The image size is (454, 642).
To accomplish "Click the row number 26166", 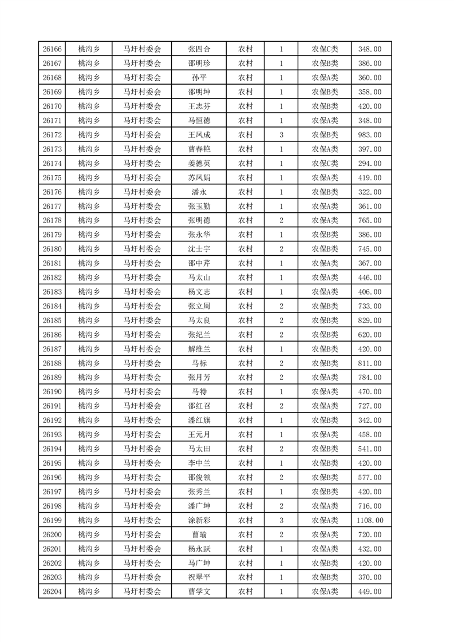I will pos(52,49).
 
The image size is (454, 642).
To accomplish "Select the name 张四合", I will pos(199,49).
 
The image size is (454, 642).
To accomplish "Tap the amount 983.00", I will pos(369,135).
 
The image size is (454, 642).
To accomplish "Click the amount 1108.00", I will pos(369,520).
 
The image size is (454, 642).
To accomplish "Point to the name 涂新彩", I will pos(199,520).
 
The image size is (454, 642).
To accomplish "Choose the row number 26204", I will pos(52,592).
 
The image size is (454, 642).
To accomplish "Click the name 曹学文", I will pos(199,592).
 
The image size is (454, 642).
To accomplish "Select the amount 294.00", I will pos(369,164).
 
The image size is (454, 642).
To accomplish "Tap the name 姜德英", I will pos(199,164).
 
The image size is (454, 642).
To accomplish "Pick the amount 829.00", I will pos(369,320).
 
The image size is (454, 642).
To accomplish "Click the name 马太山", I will pos(199,278).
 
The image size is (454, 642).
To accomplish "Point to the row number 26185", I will pos(52,320).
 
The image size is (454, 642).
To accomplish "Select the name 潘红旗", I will pos(199,420).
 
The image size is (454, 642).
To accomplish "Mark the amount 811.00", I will pos(369,363).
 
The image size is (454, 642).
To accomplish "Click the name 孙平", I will pos(199,78).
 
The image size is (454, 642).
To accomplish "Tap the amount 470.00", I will pos(369,392).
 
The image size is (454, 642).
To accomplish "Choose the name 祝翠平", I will pos(199,577).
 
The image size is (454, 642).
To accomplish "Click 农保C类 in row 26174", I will pos(325,164).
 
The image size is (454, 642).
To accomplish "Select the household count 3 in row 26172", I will pos(281,135).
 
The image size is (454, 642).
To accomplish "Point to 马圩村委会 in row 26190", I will pos(143,392).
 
